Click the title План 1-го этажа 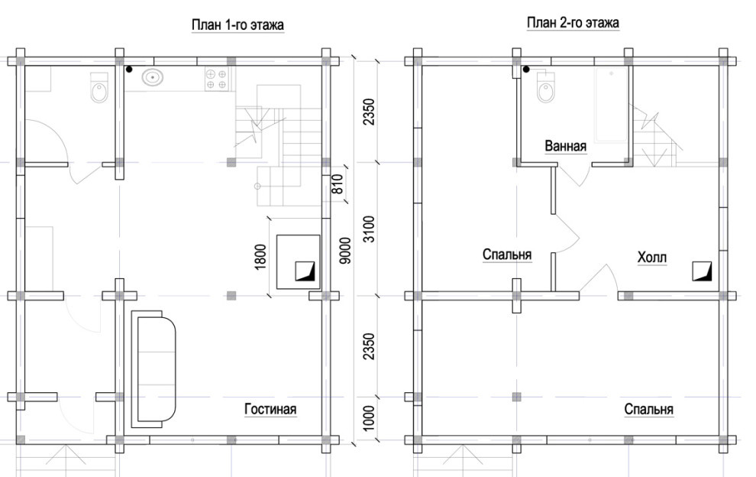[237, 24]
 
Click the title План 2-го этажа [573, 23]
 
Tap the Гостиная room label [270, 410]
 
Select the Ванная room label [566, 146]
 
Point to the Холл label [652, 258]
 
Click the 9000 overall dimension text [345, 250]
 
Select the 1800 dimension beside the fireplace [260, 257]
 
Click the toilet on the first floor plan [99, 87]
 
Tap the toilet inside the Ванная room [546, 87]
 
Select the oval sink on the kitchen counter [153, 76]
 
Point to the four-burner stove [216, 79]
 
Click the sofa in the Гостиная [153, 369]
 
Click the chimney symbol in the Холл [702, 271]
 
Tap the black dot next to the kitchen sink [129, 70]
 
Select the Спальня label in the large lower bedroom [648, 410]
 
